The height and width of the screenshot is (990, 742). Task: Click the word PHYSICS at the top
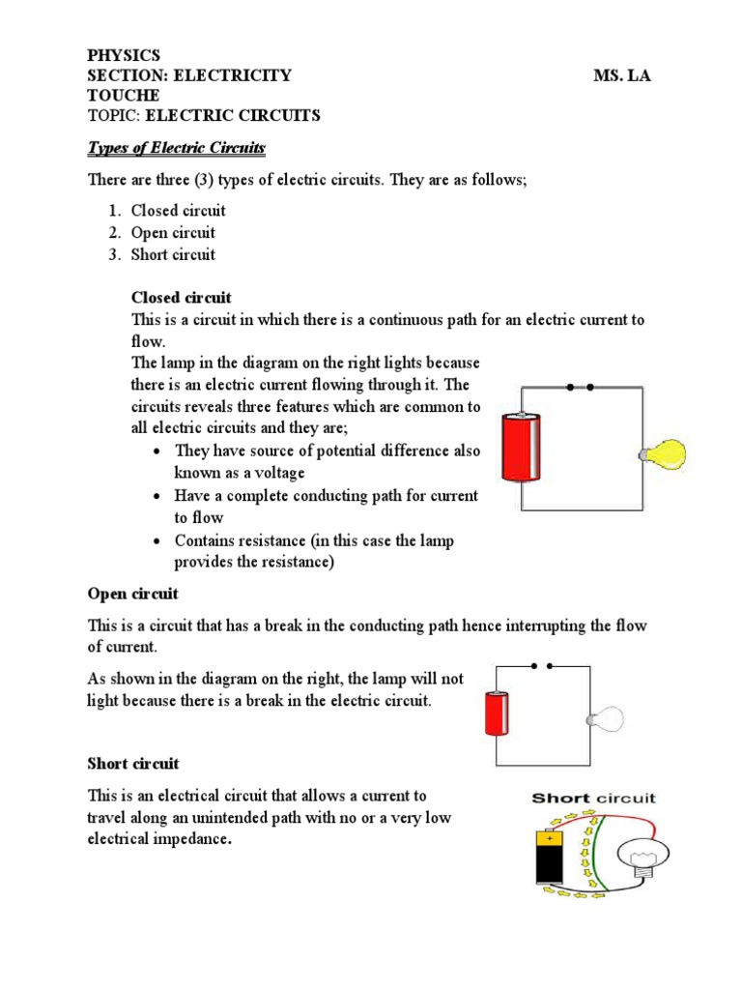[124, 55]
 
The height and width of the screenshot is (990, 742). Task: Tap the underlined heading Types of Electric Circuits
[177, 148]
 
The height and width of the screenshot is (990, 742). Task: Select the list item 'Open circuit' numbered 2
[173, 233]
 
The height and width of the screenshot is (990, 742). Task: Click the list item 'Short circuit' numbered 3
[173, 255]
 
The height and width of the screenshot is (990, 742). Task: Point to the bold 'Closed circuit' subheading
[181, 298]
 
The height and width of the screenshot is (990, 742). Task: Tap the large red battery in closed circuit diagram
[523, 447]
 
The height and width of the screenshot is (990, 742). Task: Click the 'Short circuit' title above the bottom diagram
[593, 798]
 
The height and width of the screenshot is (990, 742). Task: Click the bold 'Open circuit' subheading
[133, 594]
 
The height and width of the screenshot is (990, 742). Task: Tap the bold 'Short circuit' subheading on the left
[133, 764]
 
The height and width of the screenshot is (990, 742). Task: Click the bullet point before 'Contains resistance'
[157, 541]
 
